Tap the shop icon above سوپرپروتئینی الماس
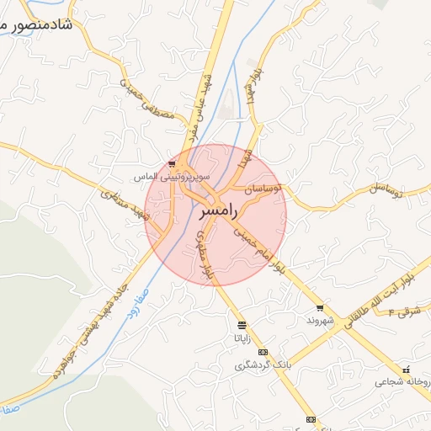click(172, 163)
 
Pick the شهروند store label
click(321, 321)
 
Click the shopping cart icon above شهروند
click(320, 307)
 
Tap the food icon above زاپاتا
click(242, 325)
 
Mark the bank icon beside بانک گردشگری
click(263, 352)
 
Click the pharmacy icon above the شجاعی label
click(407, 370)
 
